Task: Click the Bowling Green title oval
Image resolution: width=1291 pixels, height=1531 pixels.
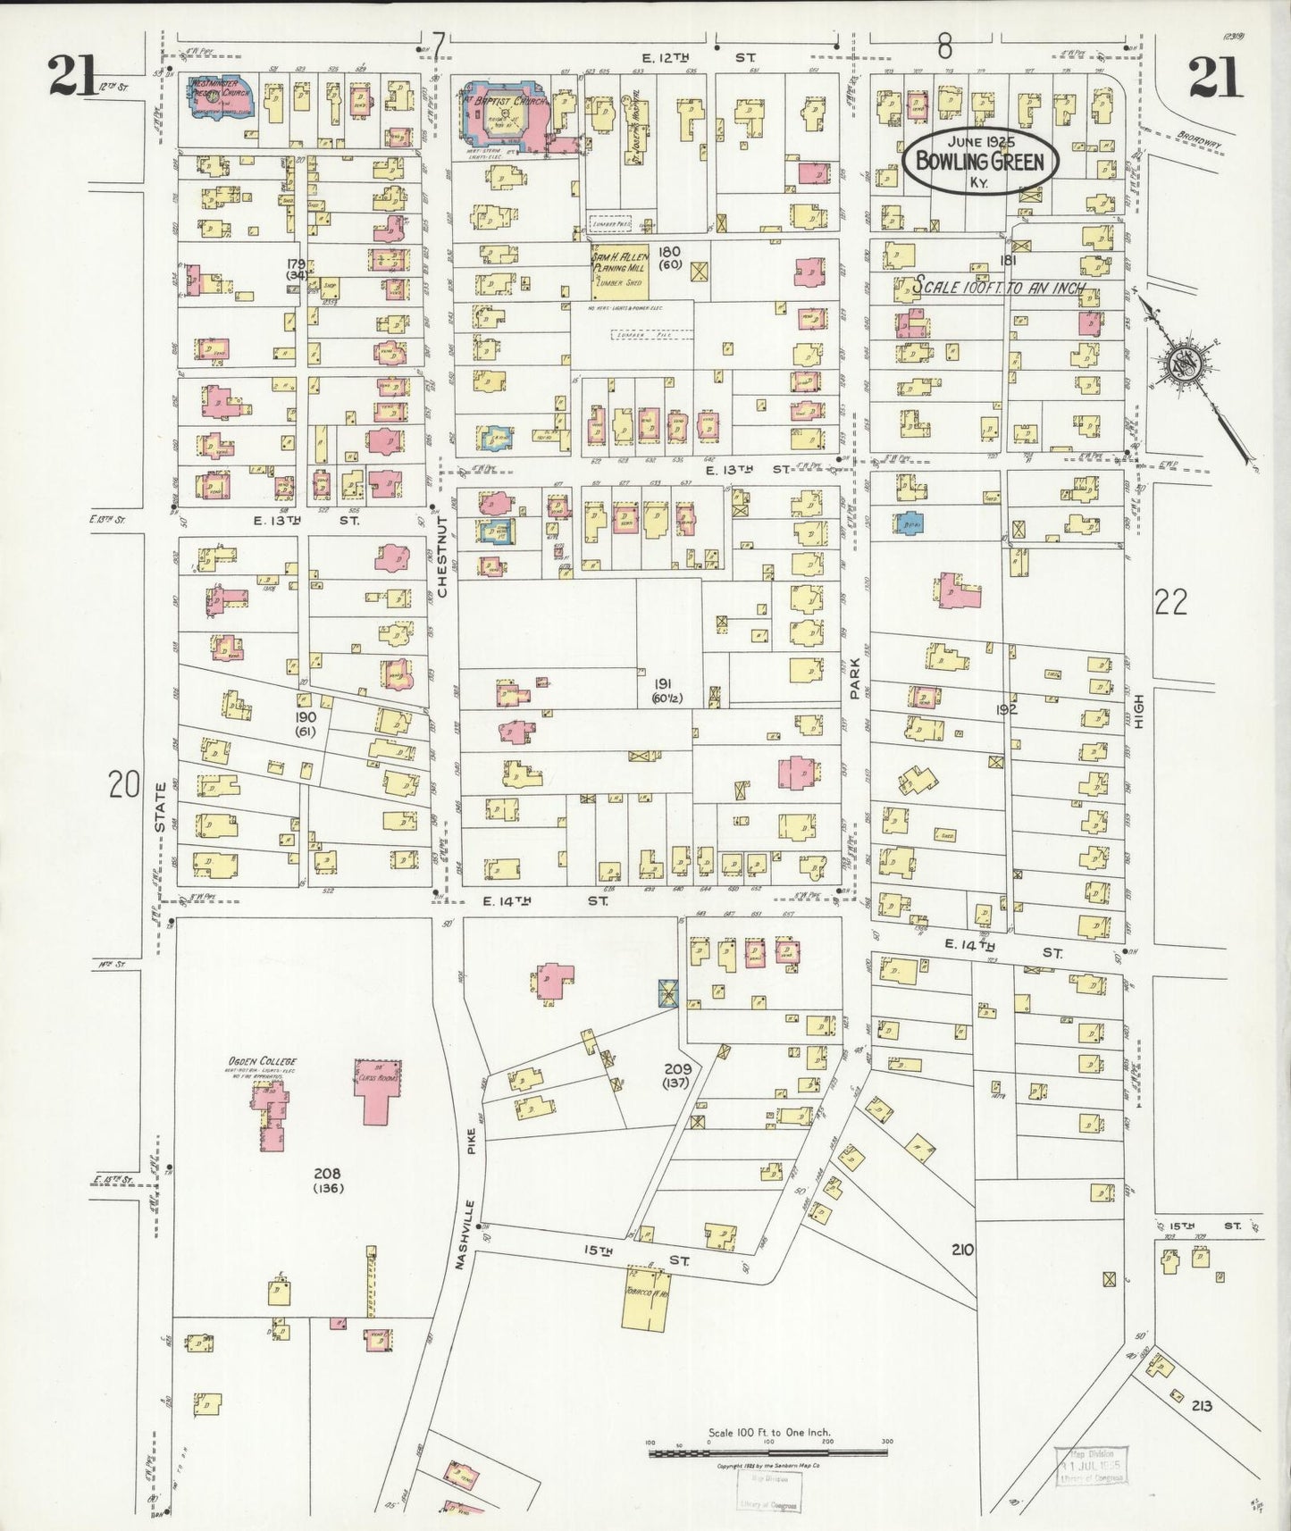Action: coord(980,161)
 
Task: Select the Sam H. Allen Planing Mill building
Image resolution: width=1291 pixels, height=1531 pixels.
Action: coord(619,273)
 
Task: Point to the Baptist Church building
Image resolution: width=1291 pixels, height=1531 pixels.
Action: coord(501,112)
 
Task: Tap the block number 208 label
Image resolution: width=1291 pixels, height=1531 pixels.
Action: coord(328,1174)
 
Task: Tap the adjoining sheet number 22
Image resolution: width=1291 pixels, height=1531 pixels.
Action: coord(1170,603)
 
